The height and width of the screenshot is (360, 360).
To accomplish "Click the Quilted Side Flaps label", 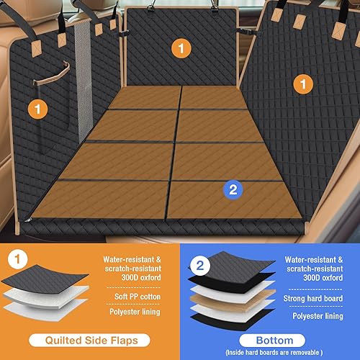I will [89, 339].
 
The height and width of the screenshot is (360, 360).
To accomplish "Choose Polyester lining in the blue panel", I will [315, 315].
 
